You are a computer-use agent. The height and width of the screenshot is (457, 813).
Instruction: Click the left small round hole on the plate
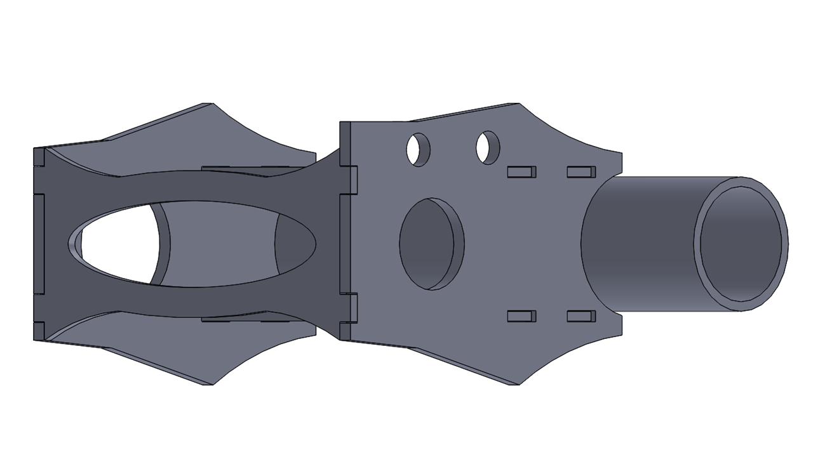418,150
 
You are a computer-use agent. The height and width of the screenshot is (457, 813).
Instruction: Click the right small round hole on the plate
488,147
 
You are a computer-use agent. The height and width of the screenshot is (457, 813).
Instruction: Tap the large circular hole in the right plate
431,244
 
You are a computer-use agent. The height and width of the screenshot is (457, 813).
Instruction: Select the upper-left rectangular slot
521,171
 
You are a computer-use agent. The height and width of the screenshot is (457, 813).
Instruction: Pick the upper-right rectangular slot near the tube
581,171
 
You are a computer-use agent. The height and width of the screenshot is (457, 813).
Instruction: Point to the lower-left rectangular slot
521,316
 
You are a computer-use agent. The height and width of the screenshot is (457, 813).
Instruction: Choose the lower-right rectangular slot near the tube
581,316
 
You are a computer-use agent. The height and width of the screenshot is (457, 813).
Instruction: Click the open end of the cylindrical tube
741,244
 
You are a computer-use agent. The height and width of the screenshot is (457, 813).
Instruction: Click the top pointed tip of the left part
210,103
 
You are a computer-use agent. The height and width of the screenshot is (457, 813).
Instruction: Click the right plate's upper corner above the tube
621,154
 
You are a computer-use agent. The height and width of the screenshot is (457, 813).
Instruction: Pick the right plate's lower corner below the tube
621,334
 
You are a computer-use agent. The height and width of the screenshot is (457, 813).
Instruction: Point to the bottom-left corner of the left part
36,339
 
